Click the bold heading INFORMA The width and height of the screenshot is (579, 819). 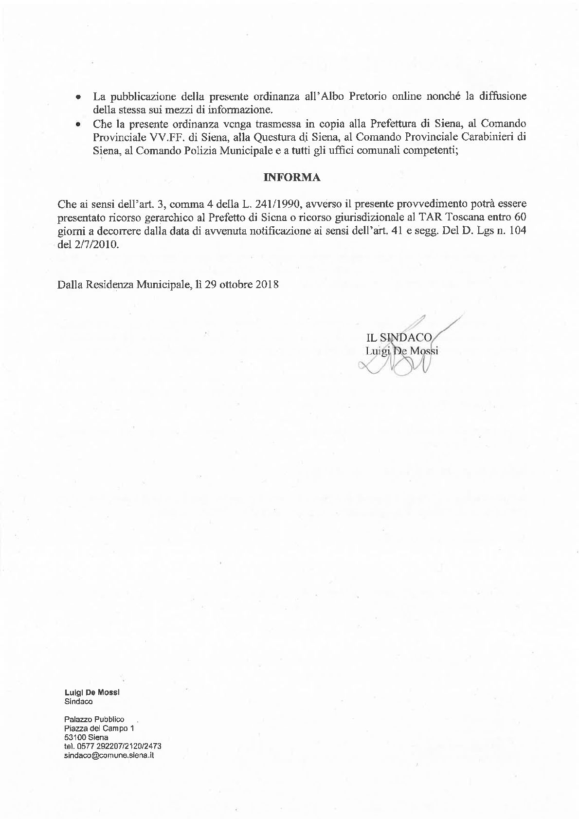click(x=291, y=178)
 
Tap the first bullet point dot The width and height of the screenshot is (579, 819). click(x=78, y=97)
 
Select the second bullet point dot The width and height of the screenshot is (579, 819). click(x=78, y=125)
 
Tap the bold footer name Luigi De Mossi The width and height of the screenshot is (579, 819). click(x=92, y=692)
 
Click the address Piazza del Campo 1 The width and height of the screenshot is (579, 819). click(x=99, y=728)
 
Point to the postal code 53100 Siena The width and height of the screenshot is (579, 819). click(x=86, y=737)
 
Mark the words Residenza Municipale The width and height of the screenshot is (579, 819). click(x=135, y=285)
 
